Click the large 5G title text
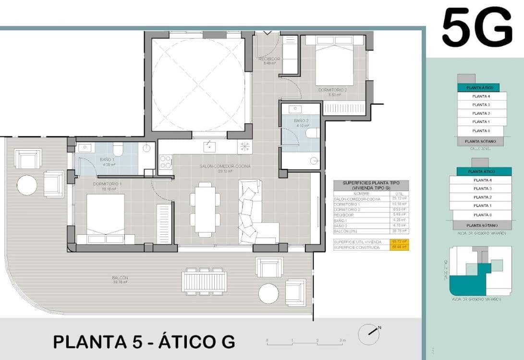point(477,28)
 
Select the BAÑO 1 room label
point(107,159)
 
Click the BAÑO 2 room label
point(301,121)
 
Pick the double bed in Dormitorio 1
point(106,218)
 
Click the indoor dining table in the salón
point(206,209)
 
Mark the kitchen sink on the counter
point(209,146)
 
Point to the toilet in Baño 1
point(117,150)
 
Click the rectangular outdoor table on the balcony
point(205,281)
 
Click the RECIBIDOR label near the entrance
point(269,59)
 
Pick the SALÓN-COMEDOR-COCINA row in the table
point(357,199)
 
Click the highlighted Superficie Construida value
point(399,247)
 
